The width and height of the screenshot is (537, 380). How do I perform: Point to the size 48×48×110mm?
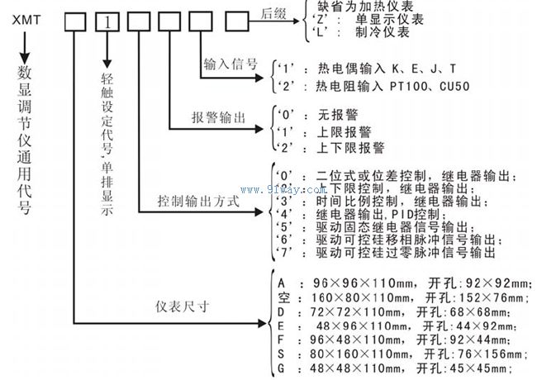pyautogui.click(x=352, y=369)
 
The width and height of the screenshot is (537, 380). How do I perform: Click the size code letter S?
pyautogui.click(x=283, y=354)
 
